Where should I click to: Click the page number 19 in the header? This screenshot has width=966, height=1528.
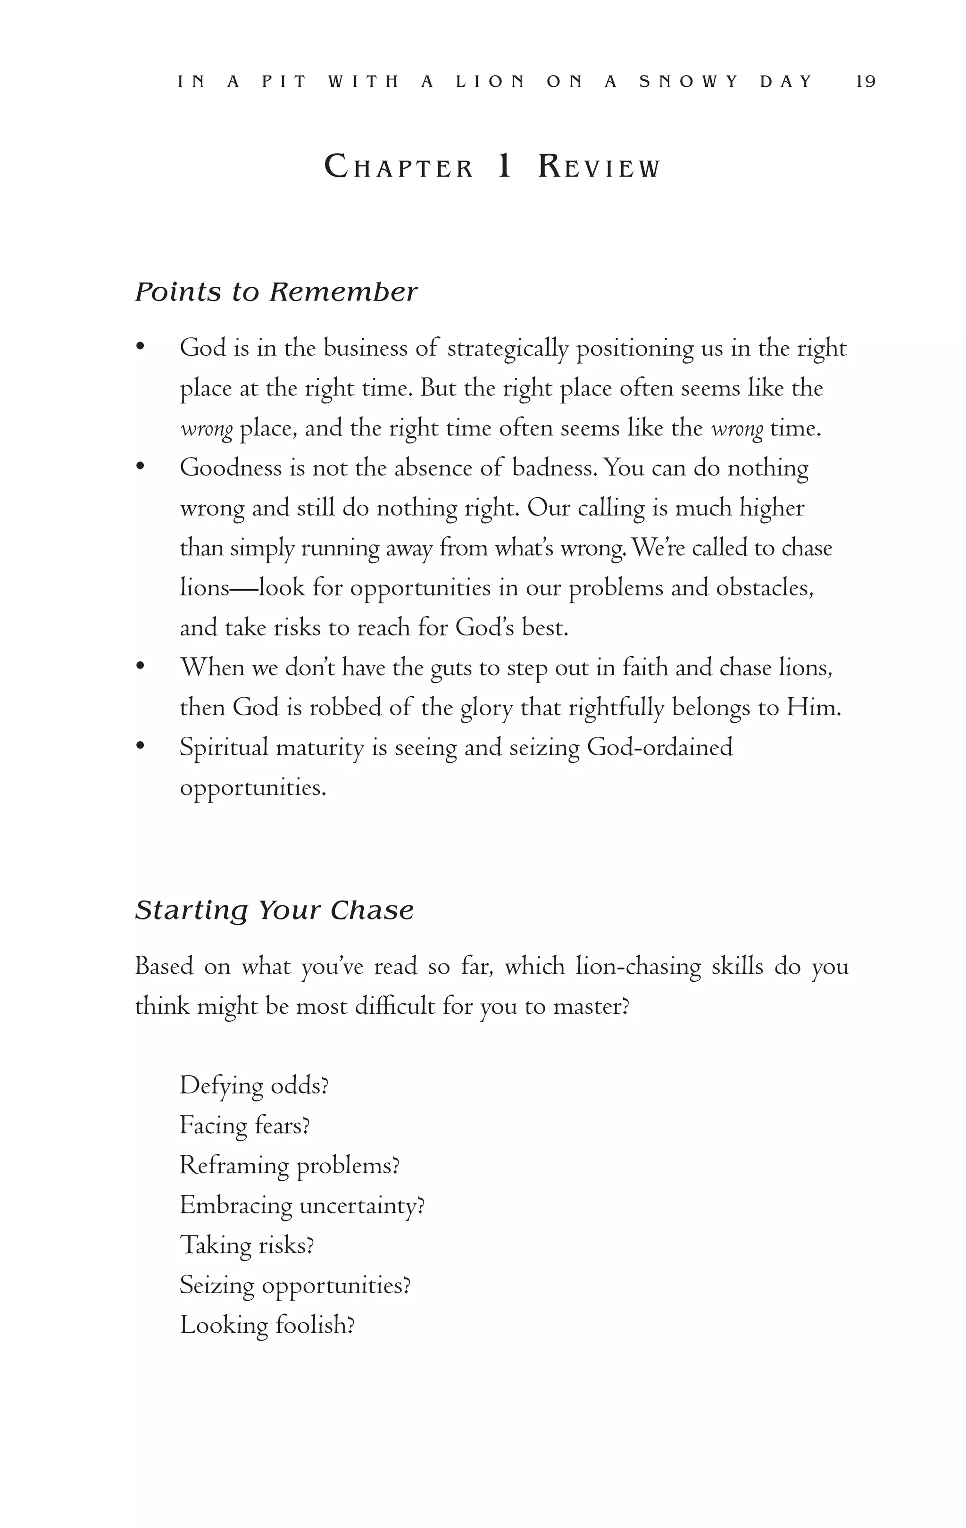point(865,82)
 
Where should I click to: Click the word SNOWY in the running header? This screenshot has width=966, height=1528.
point(689,82)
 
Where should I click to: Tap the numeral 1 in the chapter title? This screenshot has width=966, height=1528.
point(504,167)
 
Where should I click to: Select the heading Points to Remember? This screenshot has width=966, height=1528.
point(276,292)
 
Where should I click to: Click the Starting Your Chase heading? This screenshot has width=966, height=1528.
point(274,910)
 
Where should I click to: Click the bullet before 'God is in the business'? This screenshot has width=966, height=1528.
point(141,347)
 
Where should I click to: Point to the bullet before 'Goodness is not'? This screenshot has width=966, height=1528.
point(141,467)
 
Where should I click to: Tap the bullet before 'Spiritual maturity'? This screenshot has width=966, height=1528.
point(141,747)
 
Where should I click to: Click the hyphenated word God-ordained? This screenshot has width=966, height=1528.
point(660,747)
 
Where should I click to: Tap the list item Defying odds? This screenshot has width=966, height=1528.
point(254,1085)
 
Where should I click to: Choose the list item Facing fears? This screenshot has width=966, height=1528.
point(245,1126)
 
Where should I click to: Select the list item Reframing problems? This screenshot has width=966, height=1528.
point(289,1166)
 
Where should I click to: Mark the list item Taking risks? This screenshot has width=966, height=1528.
point(247,1245)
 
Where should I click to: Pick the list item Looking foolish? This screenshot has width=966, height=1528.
point(266,1325)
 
